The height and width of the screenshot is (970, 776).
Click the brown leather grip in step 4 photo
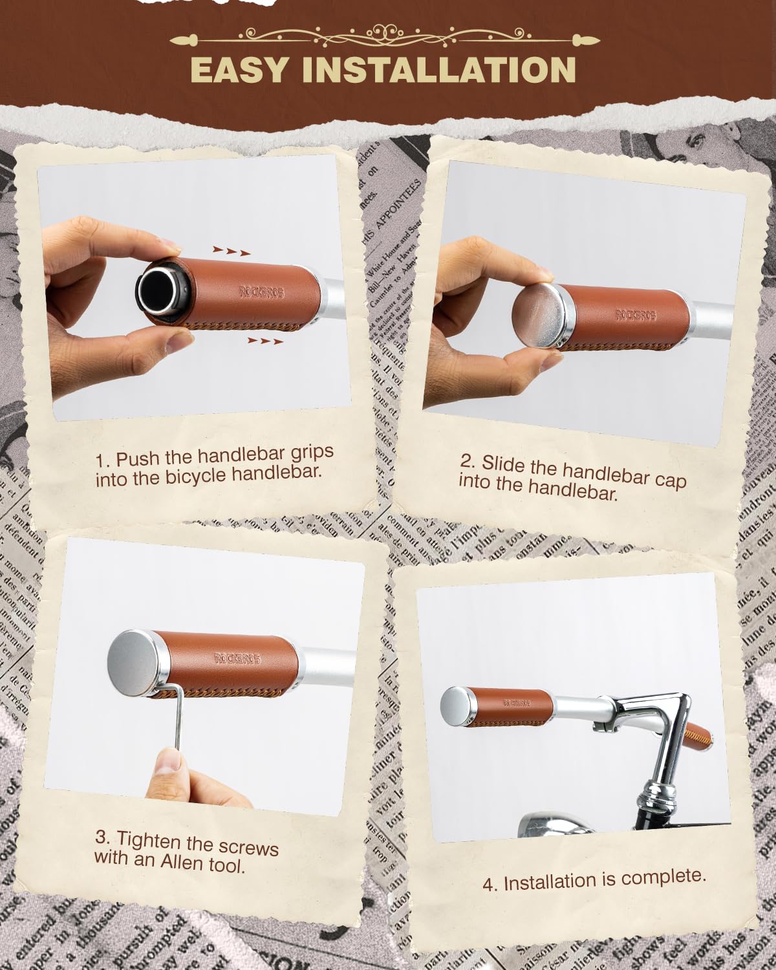(x=515, y=707)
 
